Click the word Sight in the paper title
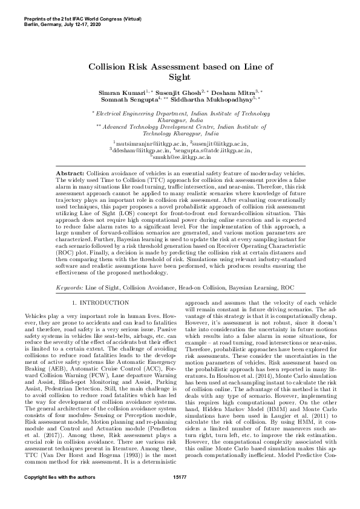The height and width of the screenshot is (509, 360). click(x=180, y=77)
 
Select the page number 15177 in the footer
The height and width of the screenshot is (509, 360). click(x=180, y=494)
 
